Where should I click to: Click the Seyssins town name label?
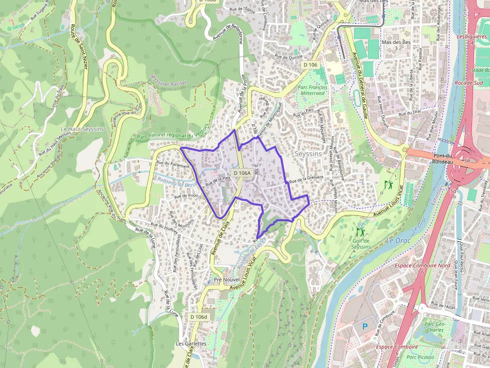[308, 154]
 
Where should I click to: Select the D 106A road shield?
[241, 173]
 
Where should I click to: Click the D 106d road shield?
[198, 317]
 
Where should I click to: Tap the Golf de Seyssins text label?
[360, 244]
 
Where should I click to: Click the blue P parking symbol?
[364, 326]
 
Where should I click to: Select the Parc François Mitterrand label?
[312, 90]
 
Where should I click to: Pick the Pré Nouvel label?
[227, 280]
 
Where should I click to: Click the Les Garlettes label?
[191, 344]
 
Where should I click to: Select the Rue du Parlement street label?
[173, 164]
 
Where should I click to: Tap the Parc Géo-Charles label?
[434, 327]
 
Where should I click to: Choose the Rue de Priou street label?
[186, 195]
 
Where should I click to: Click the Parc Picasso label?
[419, 357]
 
